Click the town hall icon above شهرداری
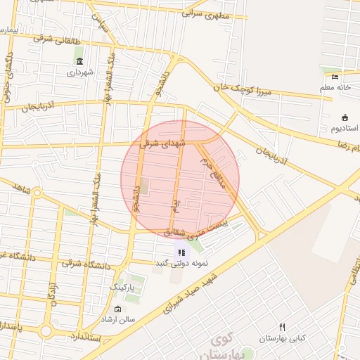point(79,61)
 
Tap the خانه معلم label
point(335,87)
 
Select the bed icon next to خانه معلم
point(335,77)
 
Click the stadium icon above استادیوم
point(345,117)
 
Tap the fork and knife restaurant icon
point(282,327)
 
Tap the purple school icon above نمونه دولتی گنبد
point(181,252)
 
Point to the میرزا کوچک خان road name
point(241,87)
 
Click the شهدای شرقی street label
point(162,143)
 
